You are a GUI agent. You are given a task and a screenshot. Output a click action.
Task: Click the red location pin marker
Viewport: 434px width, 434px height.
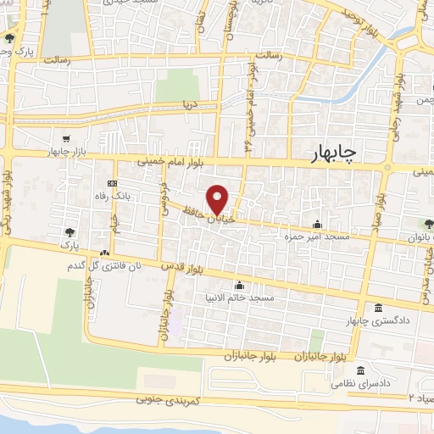point(218,199)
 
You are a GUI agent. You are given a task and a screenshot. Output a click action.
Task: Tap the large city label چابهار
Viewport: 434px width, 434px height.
point(330,152)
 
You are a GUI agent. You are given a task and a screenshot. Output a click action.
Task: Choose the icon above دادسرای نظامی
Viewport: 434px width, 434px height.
point(362,371)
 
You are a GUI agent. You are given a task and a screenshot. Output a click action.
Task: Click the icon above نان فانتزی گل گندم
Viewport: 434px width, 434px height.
point(103,253)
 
